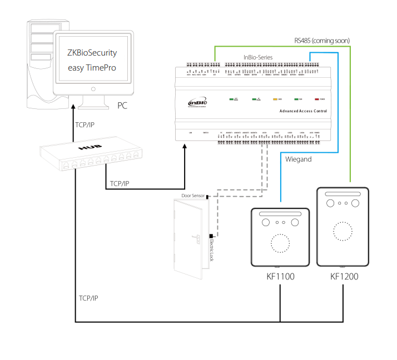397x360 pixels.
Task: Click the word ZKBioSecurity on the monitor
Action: tap(92, 53)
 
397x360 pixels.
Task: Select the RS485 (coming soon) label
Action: tap(321, 41)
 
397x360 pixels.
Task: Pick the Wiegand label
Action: tap(298, 159)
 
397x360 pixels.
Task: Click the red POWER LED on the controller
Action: tap(317, 99)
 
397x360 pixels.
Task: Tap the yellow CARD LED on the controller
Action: tap(275, 99)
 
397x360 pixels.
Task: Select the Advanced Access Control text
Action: tap(303, 112)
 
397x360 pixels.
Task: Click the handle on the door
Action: tap(196, 239)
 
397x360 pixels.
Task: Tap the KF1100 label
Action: tap(280, 277)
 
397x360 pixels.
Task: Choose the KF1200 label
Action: tap(343, 277)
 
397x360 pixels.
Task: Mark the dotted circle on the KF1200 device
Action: tap(343, 231)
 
